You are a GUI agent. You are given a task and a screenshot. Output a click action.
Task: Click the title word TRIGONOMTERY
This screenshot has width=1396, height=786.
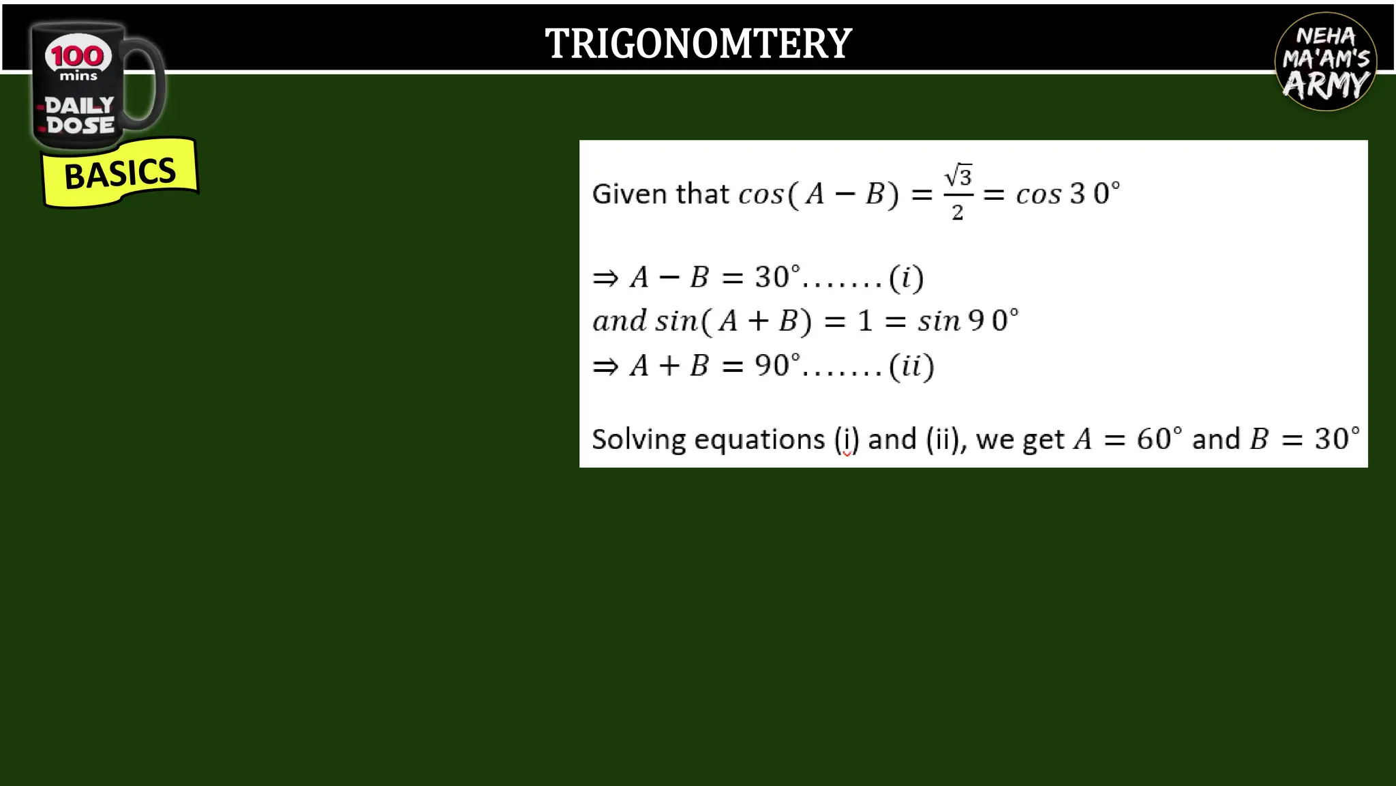[x=698, y=44]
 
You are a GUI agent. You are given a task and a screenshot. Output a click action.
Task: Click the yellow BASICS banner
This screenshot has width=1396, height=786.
[x=120, y=173]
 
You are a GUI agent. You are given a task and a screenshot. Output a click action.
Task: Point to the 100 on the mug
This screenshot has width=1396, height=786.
[x=77, y=55]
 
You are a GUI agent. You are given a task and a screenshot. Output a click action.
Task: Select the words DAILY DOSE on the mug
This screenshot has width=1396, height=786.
[x=80, y=115]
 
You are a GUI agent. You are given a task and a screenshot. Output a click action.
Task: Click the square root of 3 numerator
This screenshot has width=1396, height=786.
[x=958, y=176]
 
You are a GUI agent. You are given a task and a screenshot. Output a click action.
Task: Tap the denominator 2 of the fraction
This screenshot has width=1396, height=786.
[x=958, y=213]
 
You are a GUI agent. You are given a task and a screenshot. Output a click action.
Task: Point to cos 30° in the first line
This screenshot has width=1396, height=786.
[x=1067, y=194]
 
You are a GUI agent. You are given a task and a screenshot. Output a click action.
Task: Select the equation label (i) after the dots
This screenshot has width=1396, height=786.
[x=907, y=278]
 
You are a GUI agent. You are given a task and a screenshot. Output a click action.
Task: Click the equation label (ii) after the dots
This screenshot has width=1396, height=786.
[x=911, y=366]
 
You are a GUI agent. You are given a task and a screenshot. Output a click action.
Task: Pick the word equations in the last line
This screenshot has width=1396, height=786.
[x=759, y=440]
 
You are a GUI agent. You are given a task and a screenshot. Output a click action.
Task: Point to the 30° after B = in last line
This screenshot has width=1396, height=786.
[x=1337, y=439]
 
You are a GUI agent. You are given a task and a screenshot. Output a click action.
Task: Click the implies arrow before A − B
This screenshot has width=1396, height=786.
[x=605, y=278]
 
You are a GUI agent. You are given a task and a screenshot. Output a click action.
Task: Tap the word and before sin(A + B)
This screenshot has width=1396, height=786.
[x=619, y=321]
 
